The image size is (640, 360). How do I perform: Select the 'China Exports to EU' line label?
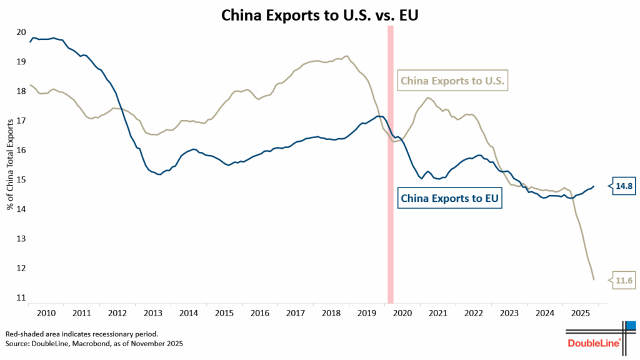click(450, 199)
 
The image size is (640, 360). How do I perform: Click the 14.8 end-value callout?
click(624, 186)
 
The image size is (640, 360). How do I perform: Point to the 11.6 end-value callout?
click(624, 281)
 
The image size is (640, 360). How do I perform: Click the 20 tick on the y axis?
click(21, 32)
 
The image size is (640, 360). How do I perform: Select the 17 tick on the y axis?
click(21, 121)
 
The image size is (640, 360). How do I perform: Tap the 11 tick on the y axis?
click(21, 298)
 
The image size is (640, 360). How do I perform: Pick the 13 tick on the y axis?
click(21, 239)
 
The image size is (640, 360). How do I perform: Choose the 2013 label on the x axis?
click(153, 312)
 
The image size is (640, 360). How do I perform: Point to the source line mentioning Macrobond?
click(94, 344)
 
